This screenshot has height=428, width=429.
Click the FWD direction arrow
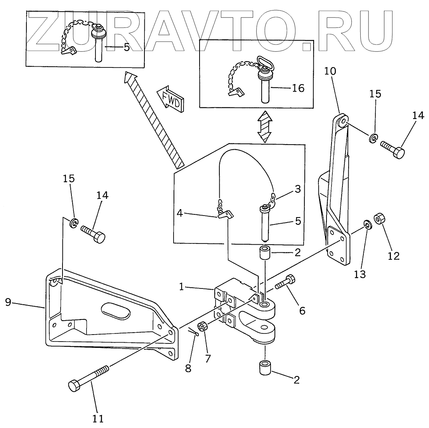[x=170, y=99]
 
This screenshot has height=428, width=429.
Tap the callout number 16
[x=298, y=88]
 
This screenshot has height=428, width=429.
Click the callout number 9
[x=9, y=302]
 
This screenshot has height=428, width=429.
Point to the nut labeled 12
[x=379, y=219]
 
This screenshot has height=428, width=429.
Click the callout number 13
[x=360, y=274]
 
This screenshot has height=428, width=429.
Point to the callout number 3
[x=298, y=189]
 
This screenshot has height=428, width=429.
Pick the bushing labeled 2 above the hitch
[x=265, y=254]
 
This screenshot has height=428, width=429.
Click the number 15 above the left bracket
[x=69, y=179]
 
